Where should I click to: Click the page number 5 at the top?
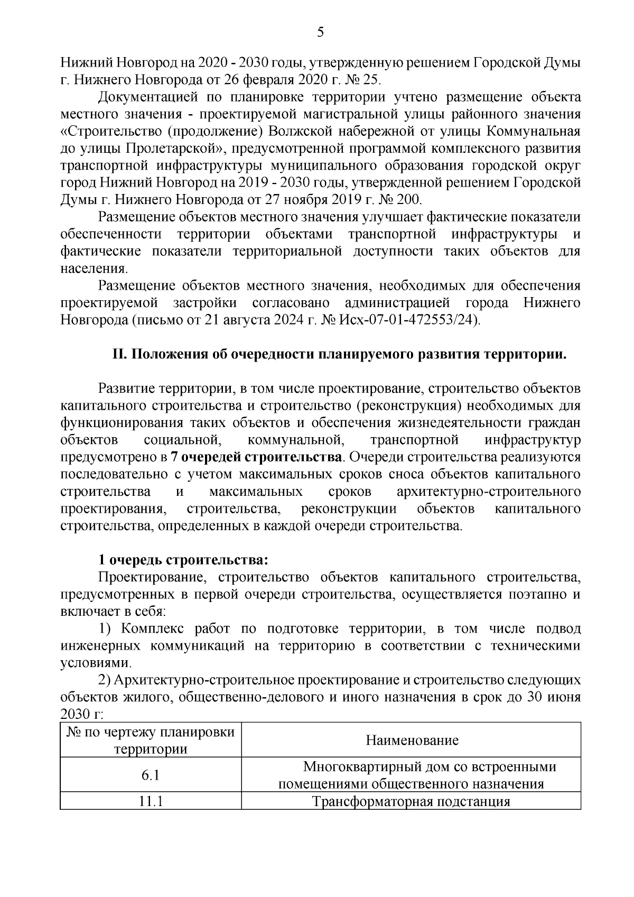320,33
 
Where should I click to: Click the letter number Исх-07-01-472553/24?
416,320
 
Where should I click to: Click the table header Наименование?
412,740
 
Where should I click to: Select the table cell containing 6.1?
151,775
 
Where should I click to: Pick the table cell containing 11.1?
151,801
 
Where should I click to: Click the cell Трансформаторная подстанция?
412,801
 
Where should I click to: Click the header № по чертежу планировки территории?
151,740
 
